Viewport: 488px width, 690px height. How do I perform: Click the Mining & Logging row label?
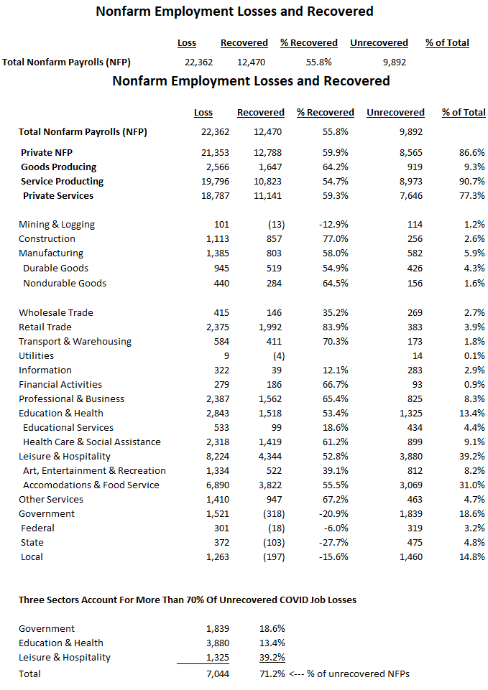pos(57,225)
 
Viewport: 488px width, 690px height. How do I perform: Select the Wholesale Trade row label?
pos(56,312)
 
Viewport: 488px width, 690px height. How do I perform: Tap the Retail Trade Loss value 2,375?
pos(217,327)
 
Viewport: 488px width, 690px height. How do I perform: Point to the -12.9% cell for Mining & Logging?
pos(334,225)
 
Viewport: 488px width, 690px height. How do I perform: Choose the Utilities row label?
pos(36,355)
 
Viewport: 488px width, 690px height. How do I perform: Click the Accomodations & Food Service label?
pos(91,485)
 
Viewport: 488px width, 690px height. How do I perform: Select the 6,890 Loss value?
pos(217,485)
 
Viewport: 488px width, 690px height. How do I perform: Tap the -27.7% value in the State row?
pos(334,542)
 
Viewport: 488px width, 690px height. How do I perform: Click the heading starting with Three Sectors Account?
pos(187,600)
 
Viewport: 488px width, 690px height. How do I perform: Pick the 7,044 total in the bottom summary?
pos(217,673)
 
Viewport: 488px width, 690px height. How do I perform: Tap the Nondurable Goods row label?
pos(65,283)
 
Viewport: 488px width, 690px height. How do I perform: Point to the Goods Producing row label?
pos(58,167)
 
